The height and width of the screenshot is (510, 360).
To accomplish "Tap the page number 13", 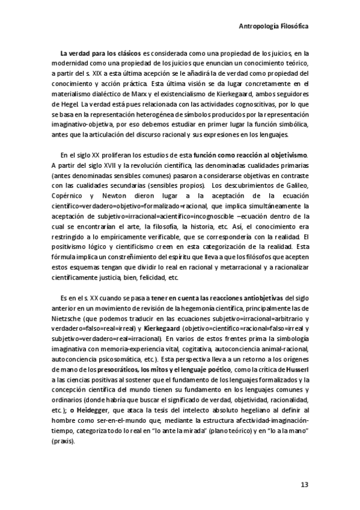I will coord(304,484).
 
